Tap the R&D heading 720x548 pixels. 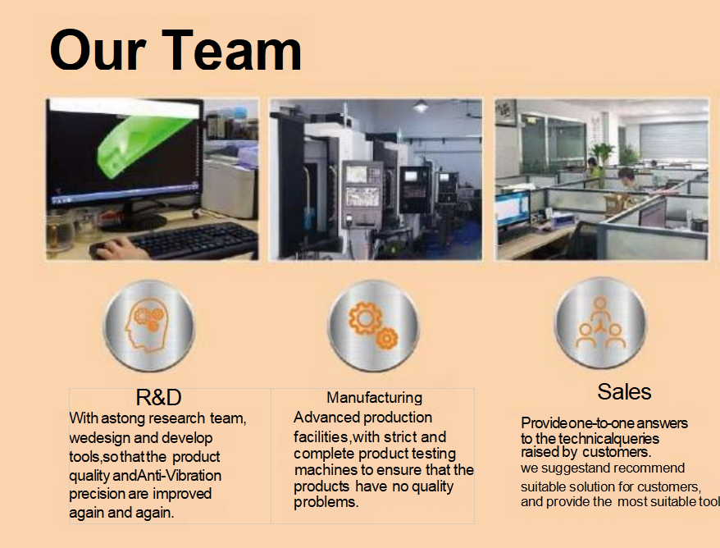pos(159,397)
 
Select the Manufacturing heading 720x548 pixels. pos(374,397)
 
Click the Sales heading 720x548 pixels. pos(624,392)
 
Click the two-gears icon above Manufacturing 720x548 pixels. pos(373,325)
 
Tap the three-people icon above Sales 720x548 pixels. pos(600,323)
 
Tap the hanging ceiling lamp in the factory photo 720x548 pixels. pos(420,106)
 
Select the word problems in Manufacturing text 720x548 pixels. pos(326,502)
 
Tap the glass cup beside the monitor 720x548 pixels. pos(60,232)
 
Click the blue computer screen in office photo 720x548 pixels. pos(513,209)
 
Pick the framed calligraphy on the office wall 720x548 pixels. pos(506,112)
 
